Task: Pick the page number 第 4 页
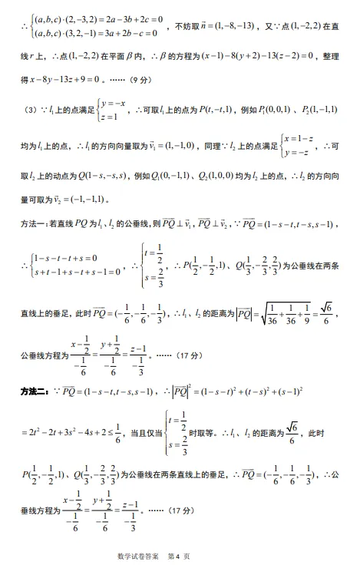[x=178, y=556]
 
